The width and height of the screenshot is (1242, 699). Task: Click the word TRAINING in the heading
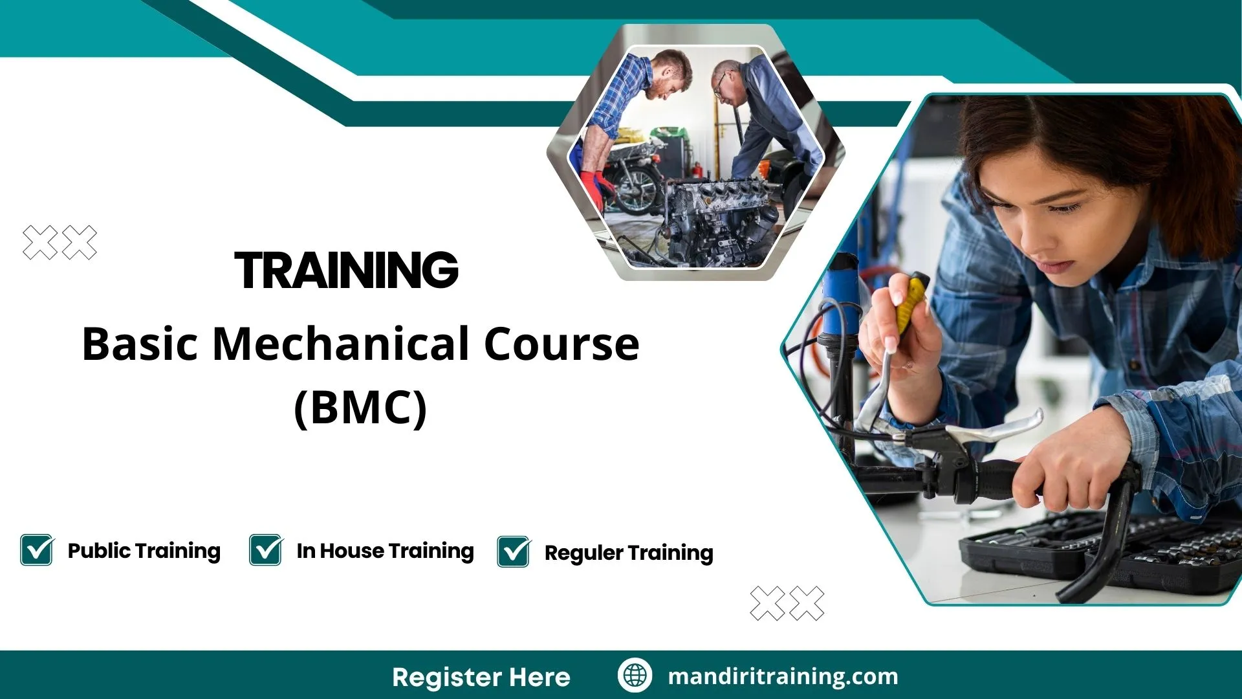347,271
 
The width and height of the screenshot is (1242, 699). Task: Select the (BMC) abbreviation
360,408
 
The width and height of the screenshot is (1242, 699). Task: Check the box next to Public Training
37,550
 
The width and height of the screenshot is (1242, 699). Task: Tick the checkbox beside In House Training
266,550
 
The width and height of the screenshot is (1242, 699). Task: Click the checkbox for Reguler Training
514,552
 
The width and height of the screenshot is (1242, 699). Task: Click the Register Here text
481,677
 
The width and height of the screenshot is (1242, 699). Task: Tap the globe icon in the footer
635,676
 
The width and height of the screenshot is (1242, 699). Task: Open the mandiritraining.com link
783,676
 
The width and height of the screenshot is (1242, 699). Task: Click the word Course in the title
561,344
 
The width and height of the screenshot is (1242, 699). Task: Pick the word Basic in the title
140,344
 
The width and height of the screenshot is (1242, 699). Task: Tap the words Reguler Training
629,553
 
